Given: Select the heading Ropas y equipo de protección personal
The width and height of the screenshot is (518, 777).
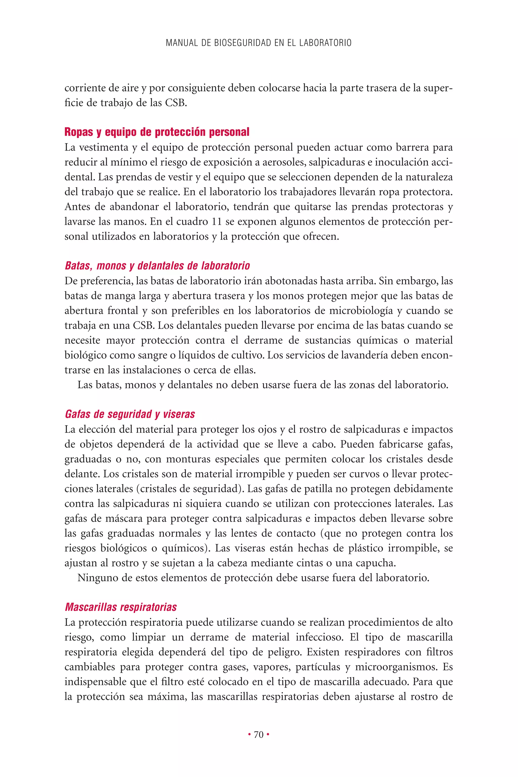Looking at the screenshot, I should (x=157, y=132).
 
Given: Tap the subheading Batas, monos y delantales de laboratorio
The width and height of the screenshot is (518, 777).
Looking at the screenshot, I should (x=157, y=266).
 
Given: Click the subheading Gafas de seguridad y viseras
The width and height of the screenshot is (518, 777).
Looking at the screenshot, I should (x=130, y=414).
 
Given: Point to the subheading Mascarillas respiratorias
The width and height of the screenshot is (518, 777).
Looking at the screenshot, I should (x=121, y=607).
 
